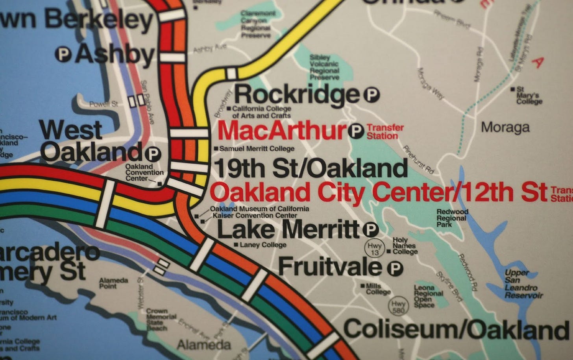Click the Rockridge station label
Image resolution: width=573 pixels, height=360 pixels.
(x=297, y=95)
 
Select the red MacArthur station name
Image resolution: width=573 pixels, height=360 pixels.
(x=281, y=131)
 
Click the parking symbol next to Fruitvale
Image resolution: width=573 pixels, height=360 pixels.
(x=395, y=268)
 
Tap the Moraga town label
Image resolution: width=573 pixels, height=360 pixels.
(x=505, y=127)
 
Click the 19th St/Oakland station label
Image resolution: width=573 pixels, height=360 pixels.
(x=311, y=169)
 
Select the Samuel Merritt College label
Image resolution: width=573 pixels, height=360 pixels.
(x=257, y=149)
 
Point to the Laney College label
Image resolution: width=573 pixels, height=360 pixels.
(x=262, y=245)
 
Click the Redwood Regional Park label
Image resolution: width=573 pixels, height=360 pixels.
(x=453, y=218)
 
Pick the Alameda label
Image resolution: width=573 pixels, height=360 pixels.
(x=203, y=345)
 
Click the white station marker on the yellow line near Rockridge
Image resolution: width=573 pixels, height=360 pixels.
(x=231, y=73)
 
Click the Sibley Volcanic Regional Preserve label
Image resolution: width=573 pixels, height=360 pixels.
(x=324, y=67)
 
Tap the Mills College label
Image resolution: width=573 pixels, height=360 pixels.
(x=378, y=289)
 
